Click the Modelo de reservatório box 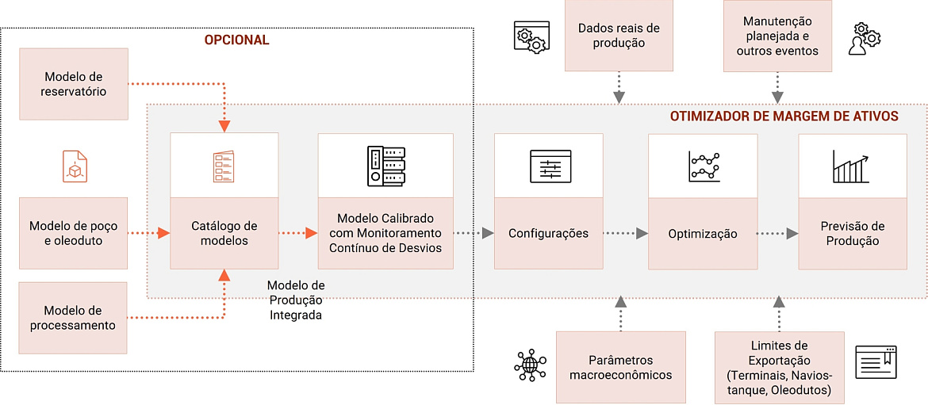pyautogui.click(x=74, y=84)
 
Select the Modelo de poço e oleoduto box pyautogui.click(x=74, y=233)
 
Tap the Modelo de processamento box pyautogui.click(x=74, y=318)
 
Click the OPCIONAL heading pyautogui.click(x=236, y=40)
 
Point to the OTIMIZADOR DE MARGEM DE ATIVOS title pyautogui.click(x=784, y=117)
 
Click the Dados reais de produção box pyautogui.click(x=619, y=36)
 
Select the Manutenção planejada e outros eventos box pyautogui.click(x=777, y=36)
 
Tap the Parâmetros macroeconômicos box pyautogui.click(x=620, y=367)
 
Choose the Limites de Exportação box pyautogui.click(x=779, y=368)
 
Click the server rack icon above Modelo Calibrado pyautogui.click(x=386, y=166)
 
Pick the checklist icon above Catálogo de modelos pyautogui.click(x=224, y=166)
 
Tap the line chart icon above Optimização pyautogui.click(x=704, y=166)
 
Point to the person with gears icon pyautogui.click(x=864, y=39)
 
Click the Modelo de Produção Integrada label pyautogui.click(x=295, y=300)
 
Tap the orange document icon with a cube pyautogui.click(x=75, y=166)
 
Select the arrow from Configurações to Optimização pyautogui.click(x=625, y=234)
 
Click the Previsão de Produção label pyautogui.click(x=853, y=234)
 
